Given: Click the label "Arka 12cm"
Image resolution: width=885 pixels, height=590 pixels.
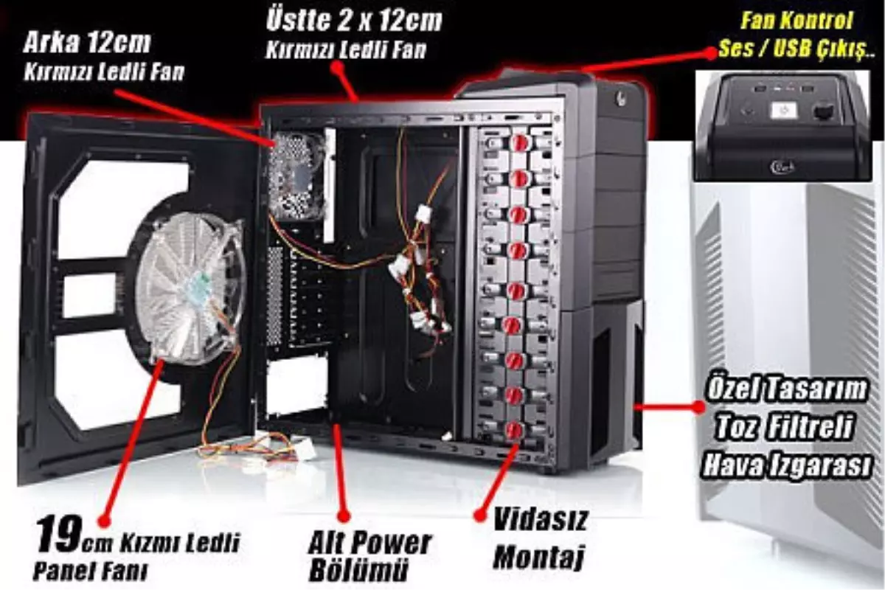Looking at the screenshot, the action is point(87,43).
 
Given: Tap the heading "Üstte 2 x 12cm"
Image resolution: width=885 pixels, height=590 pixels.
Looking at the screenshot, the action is point(354,20).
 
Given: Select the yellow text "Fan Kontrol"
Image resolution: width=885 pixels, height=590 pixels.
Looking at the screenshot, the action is point(796,21).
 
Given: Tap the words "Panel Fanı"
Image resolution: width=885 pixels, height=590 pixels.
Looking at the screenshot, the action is point(90,570).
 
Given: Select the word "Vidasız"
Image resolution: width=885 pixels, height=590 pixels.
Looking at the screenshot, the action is point(541,520).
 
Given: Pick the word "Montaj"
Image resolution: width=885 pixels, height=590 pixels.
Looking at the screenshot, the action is point(539,557).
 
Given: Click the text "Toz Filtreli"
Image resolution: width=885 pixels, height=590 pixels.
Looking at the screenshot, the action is point(785,426).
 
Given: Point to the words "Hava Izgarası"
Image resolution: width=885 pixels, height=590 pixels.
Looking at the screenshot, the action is point(786,465).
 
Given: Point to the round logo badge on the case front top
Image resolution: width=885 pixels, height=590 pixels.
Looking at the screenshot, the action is point(622,97).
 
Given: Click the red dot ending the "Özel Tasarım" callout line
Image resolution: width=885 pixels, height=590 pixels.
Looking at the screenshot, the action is point(698,406).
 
